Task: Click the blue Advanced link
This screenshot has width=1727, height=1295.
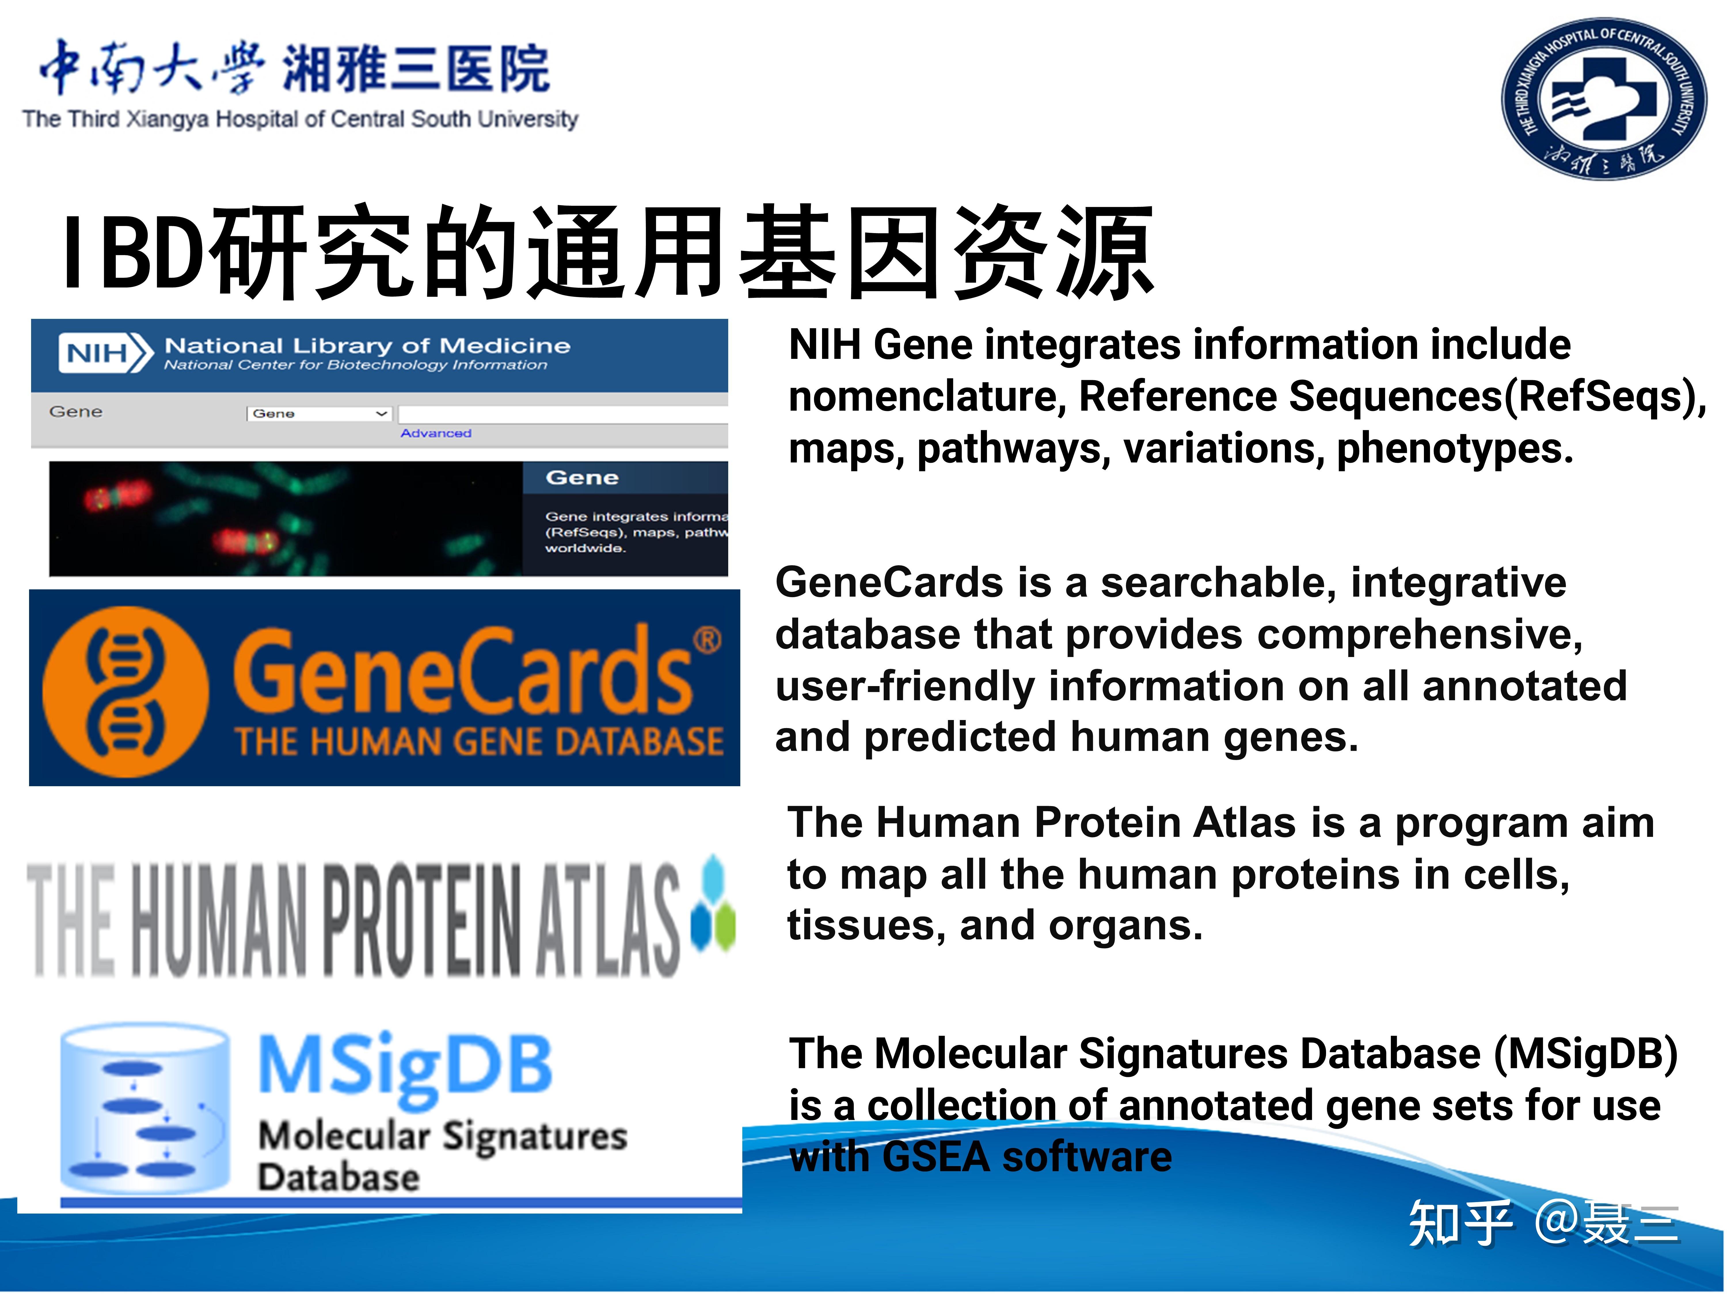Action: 436,433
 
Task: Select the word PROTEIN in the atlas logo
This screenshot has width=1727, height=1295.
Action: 422,921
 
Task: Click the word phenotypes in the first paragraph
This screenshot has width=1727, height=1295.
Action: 1454,449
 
